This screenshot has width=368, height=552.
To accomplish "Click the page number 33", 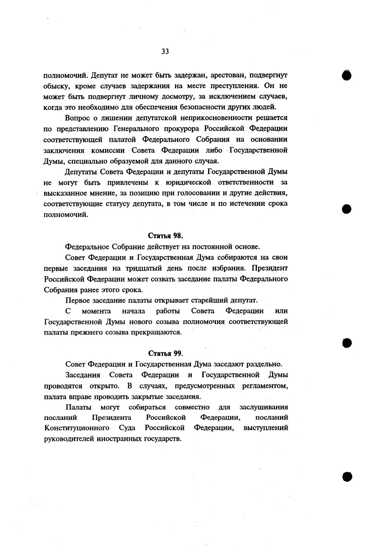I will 165,51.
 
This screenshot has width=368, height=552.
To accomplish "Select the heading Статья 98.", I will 165,236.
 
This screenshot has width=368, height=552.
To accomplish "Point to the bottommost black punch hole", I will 347,476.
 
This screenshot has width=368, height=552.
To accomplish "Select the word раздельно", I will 263,364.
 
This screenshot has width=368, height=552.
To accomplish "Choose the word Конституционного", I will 76,428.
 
